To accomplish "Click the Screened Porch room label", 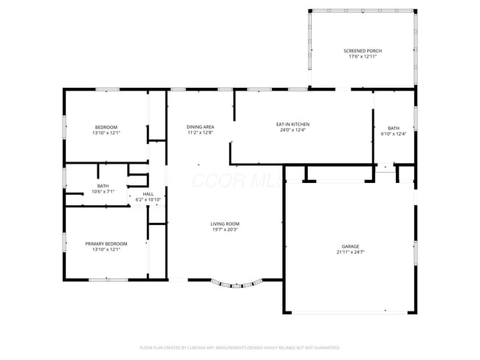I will coord(363,51).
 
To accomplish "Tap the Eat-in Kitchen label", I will coord(292,124).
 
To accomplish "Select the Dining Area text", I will coord(199,127).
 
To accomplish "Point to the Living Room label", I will coord(224,224).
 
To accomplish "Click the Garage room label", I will coord(350,246).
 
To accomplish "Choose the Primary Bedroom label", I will coord(106,243).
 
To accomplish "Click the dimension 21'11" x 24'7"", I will coord(350,252).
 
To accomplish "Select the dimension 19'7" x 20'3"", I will coord(224,229).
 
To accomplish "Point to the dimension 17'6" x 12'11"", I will coord(363,57).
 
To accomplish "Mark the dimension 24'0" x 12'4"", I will coord(292,131).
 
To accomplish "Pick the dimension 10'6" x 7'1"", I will coord(103,192).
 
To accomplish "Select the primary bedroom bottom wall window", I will coord(107,280).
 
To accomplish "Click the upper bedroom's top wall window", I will coord(107,89).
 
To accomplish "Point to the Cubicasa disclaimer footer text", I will coord(240,347).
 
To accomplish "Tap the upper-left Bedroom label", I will coord(106,127).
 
